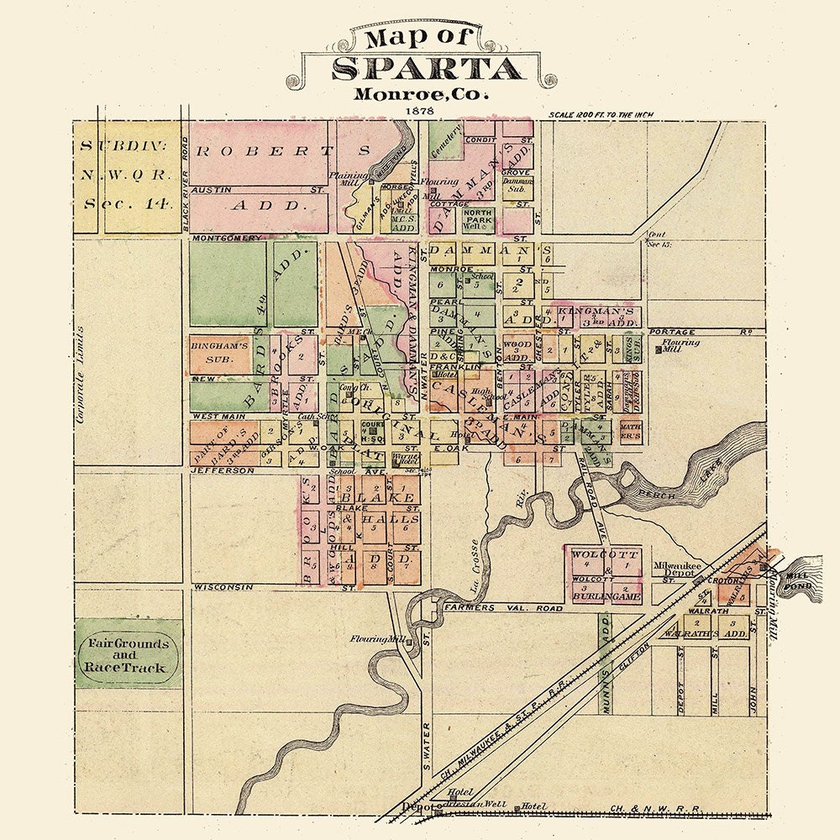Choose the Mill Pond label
coord(795,581)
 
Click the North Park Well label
coord(478,220)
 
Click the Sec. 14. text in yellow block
coord(128,202)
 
